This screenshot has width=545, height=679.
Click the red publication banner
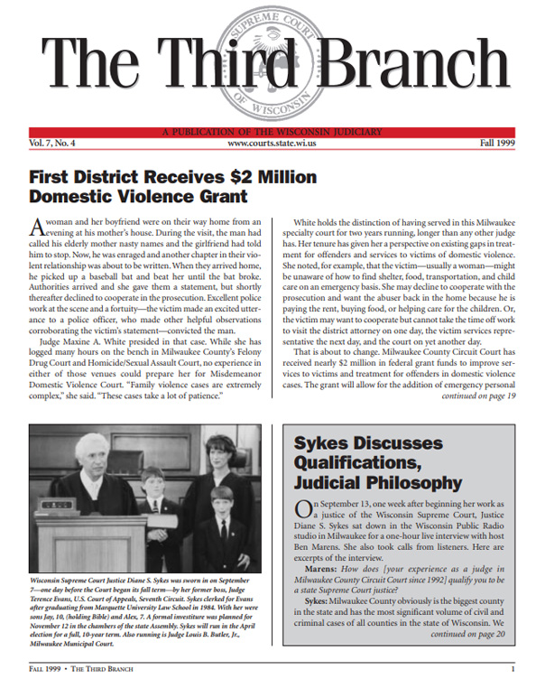tap(272, 133)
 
